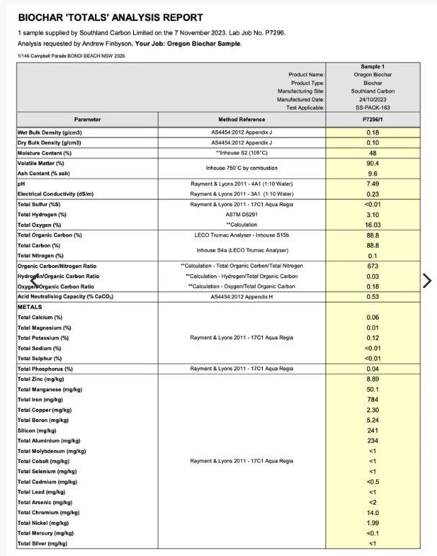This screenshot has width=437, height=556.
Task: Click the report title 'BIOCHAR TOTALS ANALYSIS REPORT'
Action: tap(110, 17)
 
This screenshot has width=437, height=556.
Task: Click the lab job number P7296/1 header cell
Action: tap(372, 119)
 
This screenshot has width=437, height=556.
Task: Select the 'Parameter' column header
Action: tap(87, 119)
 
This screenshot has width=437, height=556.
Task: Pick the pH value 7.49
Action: tap(372, 184)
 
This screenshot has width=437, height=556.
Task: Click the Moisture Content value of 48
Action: tap(372, 153)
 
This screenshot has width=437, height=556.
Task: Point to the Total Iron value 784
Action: tap(372, 400)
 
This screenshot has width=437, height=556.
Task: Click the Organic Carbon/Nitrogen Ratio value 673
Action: tap(372, 266)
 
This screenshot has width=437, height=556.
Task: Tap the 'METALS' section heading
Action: tap(30, 307)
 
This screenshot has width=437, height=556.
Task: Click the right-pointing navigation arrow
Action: tap(426, 280)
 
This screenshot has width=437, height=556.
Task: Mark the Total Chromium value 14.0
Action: tap(372, 513)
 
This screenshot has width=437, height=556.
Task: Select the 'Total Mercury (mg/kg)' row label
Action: tap(51, 534)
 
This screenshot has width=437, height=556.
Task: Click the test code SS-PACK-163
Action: tap(372, 107)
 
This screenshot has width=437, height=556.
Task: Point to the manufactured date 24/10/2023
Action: tap(372, 99)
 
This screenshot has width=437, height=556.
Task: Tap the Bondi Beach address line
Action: tap(64, 55)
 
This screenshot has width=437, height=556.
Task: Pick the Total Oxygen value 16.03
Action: tap(372, 225)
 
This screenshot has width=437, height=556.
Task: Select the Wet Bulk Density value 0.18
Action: tap(372, 133)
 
